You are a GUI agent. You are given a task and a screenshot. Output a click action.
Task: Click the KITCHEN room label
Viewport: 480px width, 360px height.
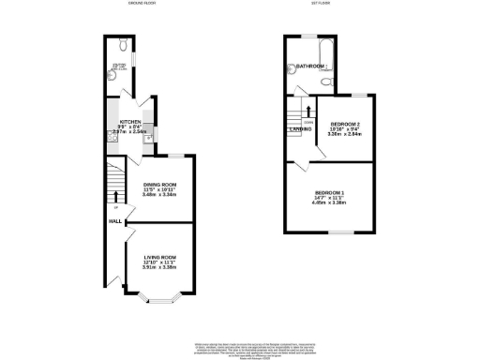(131, 123)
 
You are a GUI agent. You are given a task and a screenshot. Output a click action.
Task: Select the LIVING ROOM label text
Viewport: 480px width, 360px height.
(158, 256)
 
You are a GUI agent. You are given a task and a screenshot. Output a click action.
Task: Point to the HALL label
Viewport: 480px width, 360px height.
(115, 221)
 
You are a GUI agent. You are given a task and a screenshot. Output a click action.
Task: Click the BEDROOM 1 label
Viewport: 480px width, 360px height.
(329, 193)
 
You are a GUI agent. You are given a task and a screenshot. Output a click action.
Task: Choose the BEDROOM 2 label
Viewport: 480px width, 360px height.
(345, 123)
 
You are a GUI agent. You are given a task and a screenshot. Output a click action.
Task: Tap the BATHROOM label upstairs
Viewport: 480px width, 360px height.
(310, 67)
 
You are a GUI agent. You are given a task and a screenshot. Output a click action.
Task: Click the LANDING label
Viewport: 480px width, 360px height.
(300, 129)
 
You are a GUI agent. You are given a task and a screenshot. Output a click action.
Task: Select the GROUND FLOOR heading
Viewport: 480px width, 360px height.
(142, 4)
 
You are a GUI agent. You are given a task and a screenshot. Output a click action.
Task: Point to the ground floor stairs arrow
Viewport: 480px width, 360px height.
(115, 196)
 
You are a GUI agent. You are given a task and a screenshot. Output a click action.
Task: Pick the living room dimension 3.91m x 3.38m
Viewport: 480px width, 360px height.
(158, 268)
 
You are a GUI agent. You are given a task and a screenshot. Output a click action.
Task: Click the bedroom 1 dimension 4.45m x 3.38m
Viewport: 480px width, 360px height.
(329, 204)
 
